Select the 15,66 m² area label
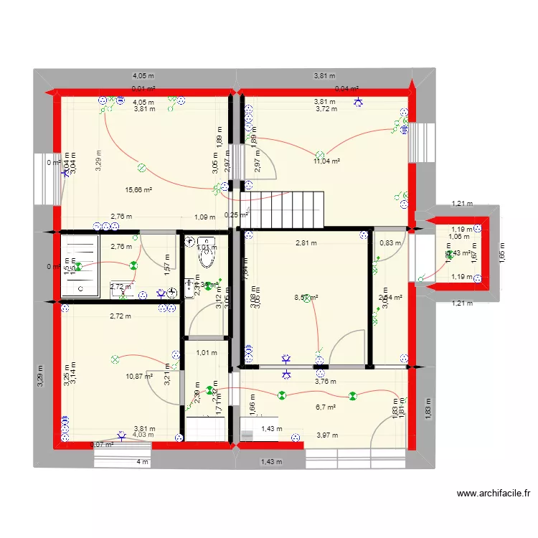click(x=138, y=190)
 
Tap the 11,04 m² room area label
click(x=326, y=161)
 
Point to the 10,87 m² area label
click(x=139, y=376)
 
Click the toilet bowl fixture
click(x=206, y=245)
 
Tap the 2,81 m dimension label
click(x=306, y=243)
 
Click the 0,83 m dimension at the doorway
click(x=390, y=243)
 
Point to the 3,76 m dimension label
click(x=326, y=382)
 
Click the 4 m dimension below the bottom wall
click(x=143, y=462)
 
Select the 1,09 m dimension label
click(x=204, y=217)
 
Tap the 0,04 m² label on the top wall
click(x=346, y=89)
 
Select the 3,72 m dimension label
click(x=326, y=109)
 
